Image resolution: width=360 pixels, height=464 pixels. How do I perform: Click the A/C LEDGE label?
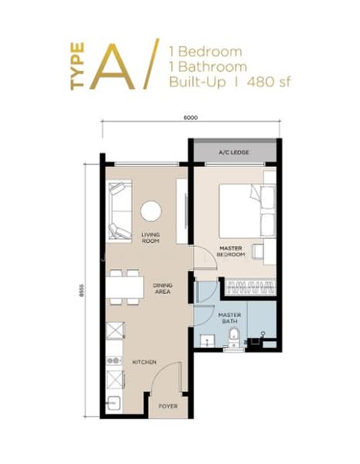(x=233, y=152)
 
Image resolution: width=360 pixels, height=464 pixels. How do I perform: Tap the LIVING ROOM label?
(x=151, y=237)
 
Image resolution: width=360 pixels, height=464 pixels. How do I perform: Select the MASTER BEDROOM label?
(x=231, y=251)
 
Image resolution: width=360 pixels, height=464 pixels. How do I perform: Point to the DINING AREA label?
(x=162, y=288)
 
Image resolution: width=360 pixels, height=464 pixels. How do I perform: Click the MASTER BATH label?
(x=229, y=318)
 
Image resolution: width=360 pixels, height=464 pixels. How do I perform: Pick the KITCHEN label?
(x=144, y=362)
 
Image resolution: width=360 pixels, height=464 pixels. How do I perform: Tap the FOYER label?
(x=168, y=406)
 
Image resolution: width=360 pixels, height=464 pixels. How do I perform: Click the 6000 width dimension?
(x=191, y=118)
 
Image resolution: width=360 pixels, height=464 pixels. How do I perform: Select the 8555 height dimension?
(x=82, y=290)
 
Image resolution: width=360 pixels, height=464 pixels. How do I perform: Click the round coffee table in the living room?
(x=151, y=211)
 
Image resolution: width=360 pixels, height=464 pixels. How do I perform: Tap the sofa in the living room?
(x=120, y=211)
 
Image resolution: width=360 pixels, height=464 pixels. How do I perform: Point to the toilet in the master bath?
(x=234, y=336)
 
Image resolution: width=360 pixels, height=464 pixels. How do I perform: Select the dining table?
(x=124, y=287)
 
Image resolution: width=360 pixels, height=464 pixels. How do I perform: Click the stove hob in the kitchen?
(x=114, y=360)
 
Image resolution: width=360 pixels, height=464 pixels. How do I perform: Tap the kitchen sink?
(x=114, y=403)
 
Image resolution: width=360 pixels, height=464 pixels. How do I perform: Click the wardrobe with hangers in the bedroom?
(x=250, y=287)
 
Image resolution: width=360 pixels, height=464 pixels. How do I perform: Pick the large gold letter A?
(x=113, y=67)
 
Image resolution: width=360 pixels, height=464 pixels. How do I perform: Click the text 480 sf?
(x=270, y=82)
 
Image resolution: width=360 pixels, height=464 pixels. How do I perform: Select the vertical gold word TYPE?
(x=77, y=67)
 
